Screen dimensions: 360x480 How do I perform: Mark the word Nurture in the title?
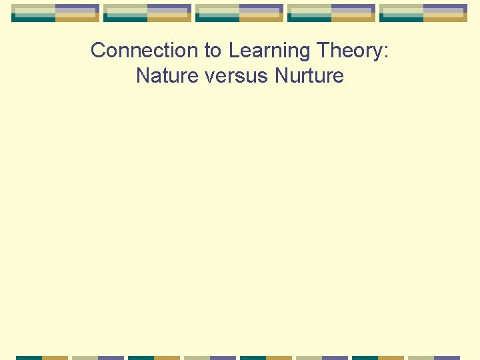[309, 76]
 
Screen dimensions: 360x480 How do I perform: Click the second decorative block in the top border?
[147, 13]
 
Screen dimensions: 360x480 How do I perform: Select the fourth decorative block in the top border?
[331, 13]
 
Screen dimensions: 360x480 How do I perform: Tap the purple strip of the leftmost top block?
[77, 7]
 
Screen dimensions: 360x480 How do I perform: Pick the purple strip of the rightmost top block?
[445, 7]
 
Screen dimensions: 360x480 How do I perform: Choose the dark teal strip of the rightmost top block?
[401, 19]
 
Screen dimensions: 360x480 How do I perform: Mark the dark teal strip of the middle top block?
[217, 19]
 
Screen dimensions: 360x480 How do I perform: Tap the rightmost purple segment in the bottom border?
[447, 357]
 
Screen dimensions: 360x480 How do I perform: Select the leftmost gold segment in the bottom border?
[55, 357]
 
